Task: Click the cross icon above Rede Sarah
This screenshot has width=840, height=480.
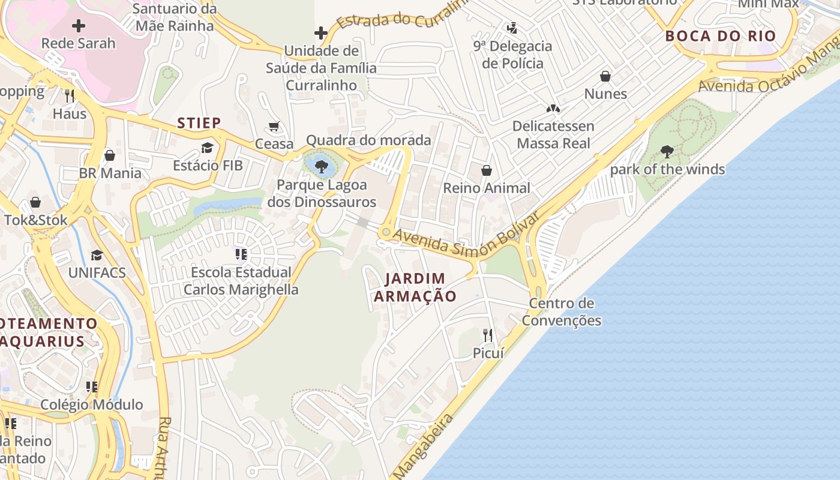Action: coord(79,26)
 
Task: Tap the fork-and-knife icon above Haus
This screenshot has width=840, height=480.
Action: coord(70,95)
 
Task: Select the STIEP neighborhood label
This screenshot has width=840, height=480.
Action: coord(199,123)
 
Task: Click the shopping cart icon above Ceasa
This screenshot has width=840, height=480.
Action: coord(274,126)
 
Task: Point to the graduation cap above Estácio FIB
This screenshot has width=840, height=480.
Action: coord(208,148)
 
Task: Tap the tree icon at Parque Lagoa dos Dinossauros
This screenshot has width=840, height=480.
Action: coord(321,166)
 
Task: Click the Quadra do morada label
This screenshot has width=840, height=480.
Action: coord(368,140)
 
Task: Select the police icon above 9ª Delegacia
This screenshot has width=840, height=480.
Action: coord(512,28)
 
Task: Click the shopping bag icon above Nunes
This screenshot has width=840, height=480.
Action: coord(605,76)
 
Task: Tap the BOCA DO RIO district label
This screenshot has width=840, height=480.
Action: coord(721,35)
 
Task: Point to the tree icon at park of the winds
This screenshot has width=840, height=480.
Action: coord(667,151)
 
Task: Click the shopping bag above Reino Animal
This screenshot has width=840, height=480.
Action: coord(487,170)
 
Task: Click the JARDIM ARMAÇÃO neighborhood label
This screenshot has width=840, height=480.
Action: coord(415,287)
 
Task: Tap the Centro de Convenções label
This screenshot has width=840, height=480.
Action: coord(561,311)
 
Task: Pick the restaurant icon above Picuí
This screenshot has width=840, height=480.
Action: coord(488,335)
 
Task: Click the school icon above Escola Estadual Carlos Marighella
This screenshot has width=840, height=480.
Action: coord(241,254)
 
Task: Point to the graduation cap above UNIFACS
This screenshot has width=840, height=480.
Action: coord(97,255)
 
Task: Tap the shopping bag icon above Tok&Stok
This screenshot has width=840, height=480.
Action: coord(35,202)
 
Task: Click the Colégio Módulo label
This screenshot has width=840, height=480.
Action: coord(92,404)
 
